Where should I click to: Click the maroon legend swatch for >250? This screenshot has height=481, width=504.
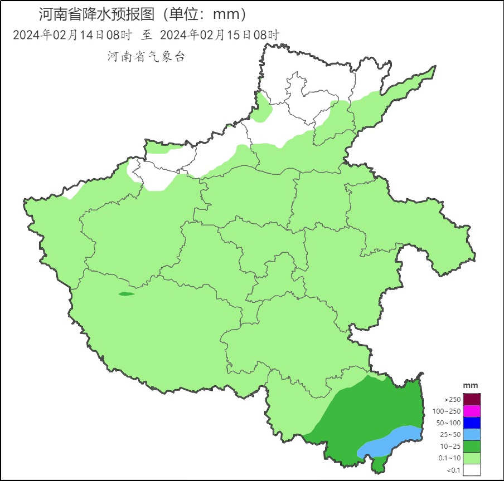pos(472,399)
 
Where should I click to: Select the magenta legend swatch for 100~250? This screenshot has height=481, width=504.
pos(472,411)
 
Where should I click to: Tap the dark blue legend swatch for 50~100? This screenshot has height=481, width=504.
pos(472,423)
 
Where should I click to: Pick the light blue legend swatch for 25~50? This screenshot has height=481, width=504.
pos(472,434)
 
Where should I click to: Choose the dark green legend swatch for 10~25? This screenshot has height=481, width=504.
pos(472,446)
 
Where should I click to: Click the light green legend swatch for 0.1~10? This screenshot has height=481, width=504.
pos(472,458)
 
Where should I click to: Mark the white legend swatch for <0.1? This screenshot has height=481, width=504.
pos(472,469)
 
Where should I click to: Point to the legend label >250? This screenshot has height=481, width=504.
pos(452,400)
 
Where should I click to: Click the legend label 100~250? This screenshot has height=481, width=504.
pos(447,411)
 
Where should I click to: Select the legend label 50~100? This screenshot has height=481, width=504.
pos(448,423)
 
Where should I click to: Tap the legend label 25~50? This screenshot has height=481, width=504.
pos(450,435)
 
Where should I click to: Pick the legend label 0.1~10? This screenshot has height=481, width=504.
pos(449,458)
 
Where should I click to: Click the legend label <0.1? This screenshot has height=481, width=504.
pos(452,470)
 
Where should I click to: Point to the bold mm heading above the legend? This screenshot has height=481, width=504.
pos(471,386)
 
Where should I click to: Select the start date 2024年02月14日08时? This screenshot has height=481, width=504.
pos(72,35)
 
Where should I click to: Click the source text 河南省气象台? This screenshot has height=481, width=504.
pos(145,56)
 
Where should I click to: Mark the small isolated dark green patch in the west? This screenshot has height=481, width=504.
pos(126,294)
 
